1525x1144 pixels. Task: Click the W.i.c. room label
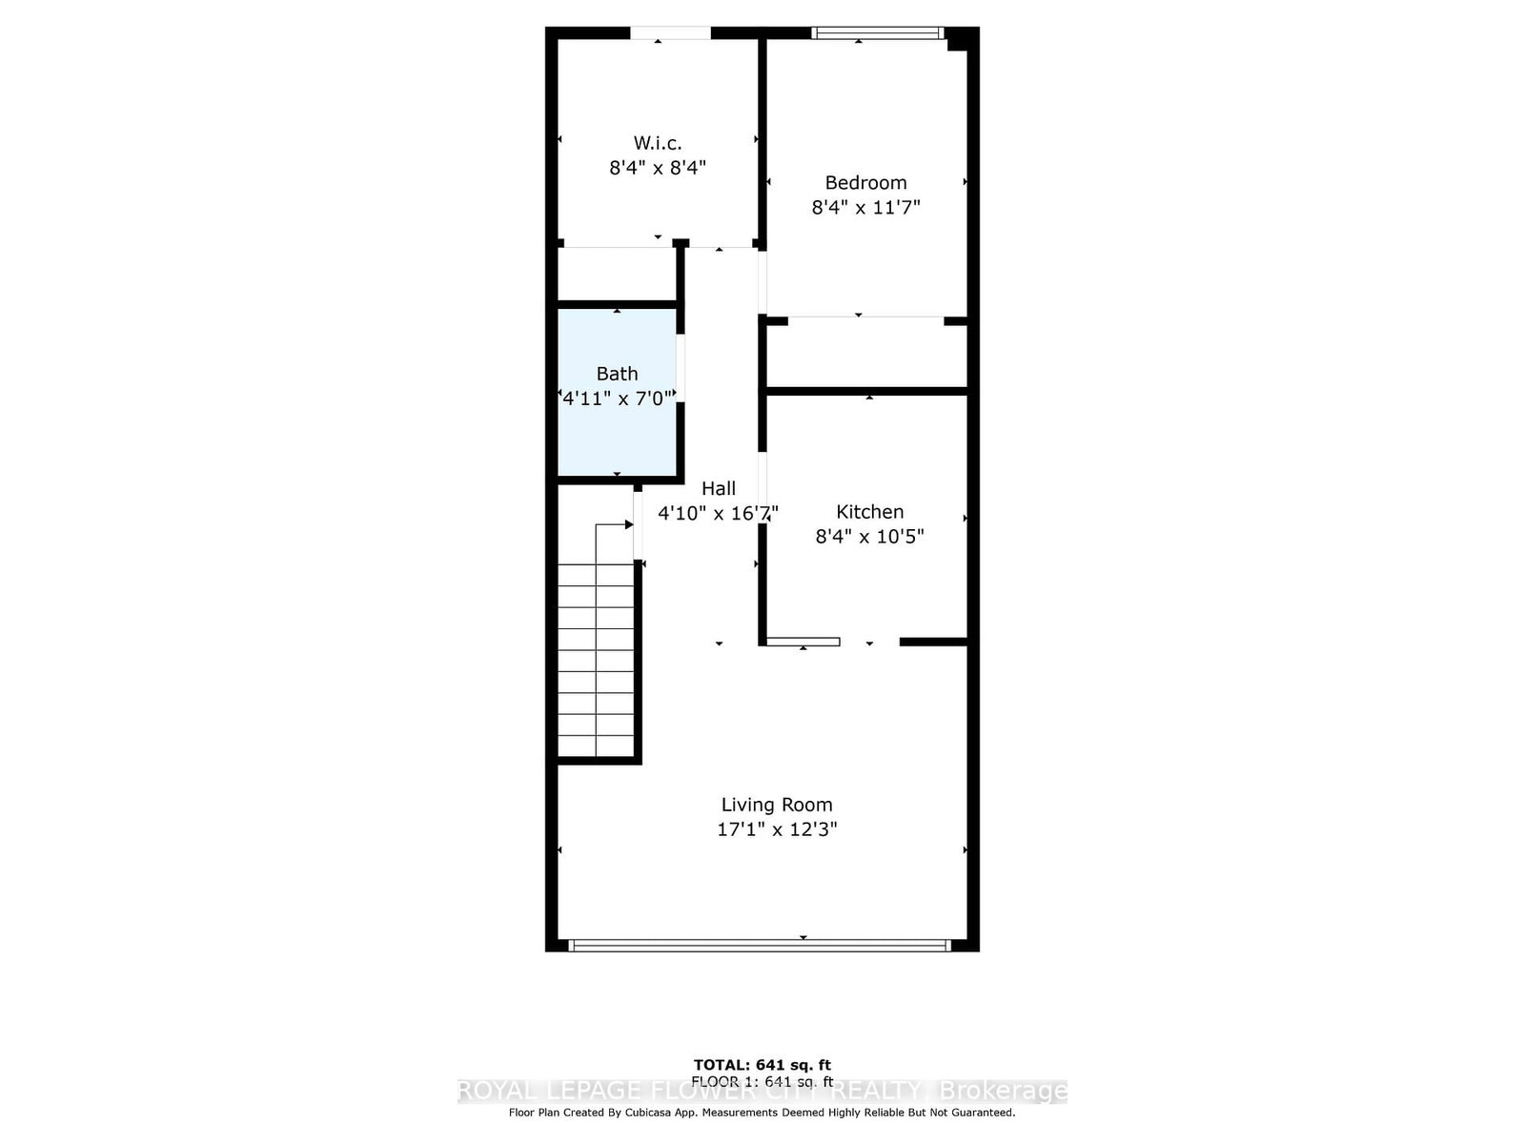(657, 143)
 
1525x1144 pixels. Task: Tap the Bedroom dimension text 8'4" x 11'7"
(865, 207)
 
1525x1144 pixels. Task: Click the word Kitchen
(869, 512)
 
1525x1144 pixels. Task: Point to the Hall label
(718, 488)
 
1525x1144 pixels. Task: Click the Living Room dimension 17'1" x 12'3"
(777, 829)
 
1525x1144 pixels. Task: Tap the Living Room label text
(777, 805)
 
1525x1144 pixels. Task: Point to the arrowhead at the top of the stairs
(628, 524)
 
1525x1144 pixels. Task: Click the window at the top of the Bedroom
(877, 33)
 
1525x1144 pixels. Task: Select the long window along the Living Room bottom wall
(760, 946)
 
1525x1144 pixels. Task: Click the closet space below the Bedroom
(866, 355)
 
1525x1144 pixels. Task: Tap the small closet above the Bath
(617, 274)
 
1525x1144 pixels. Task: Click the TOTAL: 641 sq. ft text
(762, 1065)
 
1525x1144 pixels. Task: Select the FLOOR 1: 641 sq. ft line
(762, 1081)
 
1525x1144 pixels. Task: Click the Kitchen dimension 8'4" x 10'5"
(869, 537)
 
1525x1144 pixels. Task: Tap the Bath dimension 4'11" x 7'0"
(618, 398)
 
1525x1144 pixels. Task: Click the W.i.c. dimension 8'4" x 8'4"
(657, 168)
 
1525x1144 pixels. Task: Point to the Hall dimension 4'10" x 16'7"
(718, 513)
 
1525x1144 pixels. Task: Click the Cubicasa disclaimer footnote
(762, 1113)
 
